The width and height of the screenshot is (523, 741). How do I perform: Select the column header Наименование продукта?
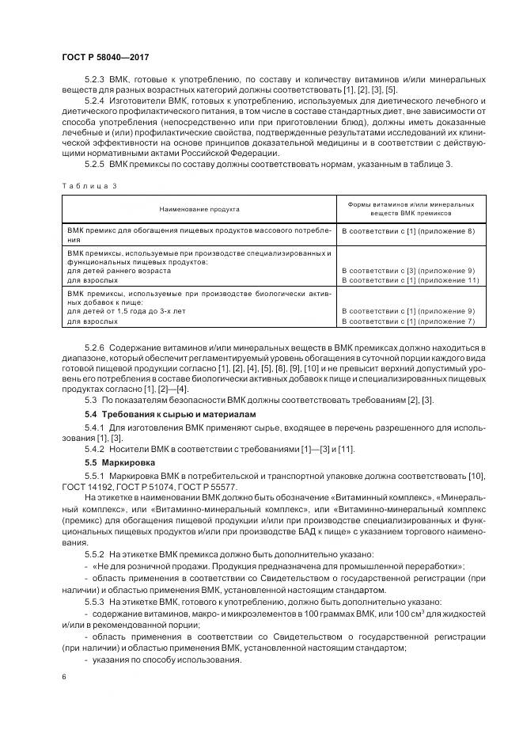click(x=199, y=209)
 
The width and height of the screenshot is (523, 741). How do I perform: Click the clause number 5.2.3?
click(x=95, y=80)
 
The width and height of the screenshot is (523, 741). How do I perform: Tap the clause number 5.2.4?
click(x=95, y=102)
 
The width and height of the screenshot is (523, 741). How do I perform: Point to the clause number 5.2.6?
click(x=95, y=348)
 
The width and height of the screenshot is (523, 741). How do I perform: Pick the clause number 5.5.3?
click(x=95, y=602)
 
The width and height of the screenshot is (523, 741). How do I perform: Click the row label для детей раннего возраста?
click(x=119, y=271)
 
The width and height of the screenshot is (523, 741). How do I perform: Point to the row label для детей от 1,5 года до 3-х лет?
click(x=129, y=312)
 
